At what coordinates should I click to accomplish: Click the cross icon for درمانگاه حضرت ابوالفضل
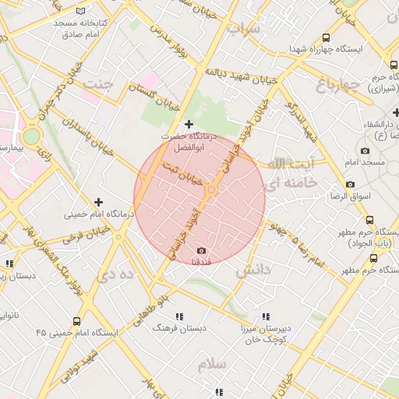189,124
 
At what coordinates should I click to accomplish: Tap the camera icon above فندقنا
201,250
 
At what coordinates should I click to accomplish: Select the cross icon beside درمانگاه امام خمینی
98,202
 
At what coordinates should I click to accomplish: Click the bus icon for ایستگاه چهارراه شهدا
326,37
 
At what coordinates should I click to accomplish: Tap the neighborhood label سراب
243,30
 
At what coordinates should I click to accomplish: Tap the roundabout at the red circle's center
210,191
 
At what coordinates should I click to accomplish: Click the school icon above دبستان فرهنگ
179,316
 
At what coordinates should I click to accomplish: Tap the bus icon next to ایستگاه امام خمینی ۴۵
76,321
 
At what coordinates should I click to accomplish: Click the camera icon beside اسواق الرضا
350,185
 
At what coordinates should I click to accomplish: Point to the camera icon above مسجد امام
365,150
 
